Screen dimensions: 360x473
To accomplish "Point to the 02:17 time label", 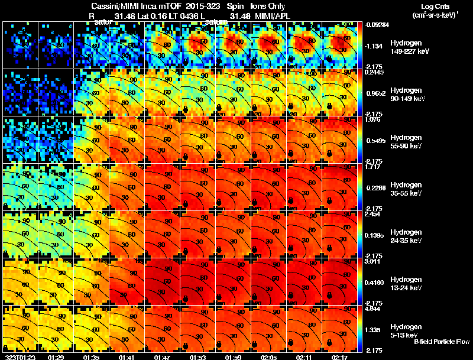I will click(x=340, y=357).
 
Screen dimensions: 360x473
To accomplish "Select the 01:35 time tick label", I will click(x=91, y=357).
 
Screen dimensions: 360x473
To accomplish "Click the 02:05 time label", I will click(x=269, y=357).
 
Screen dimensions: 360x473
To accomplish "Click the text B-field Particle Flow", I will click(x=440, y=342).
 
